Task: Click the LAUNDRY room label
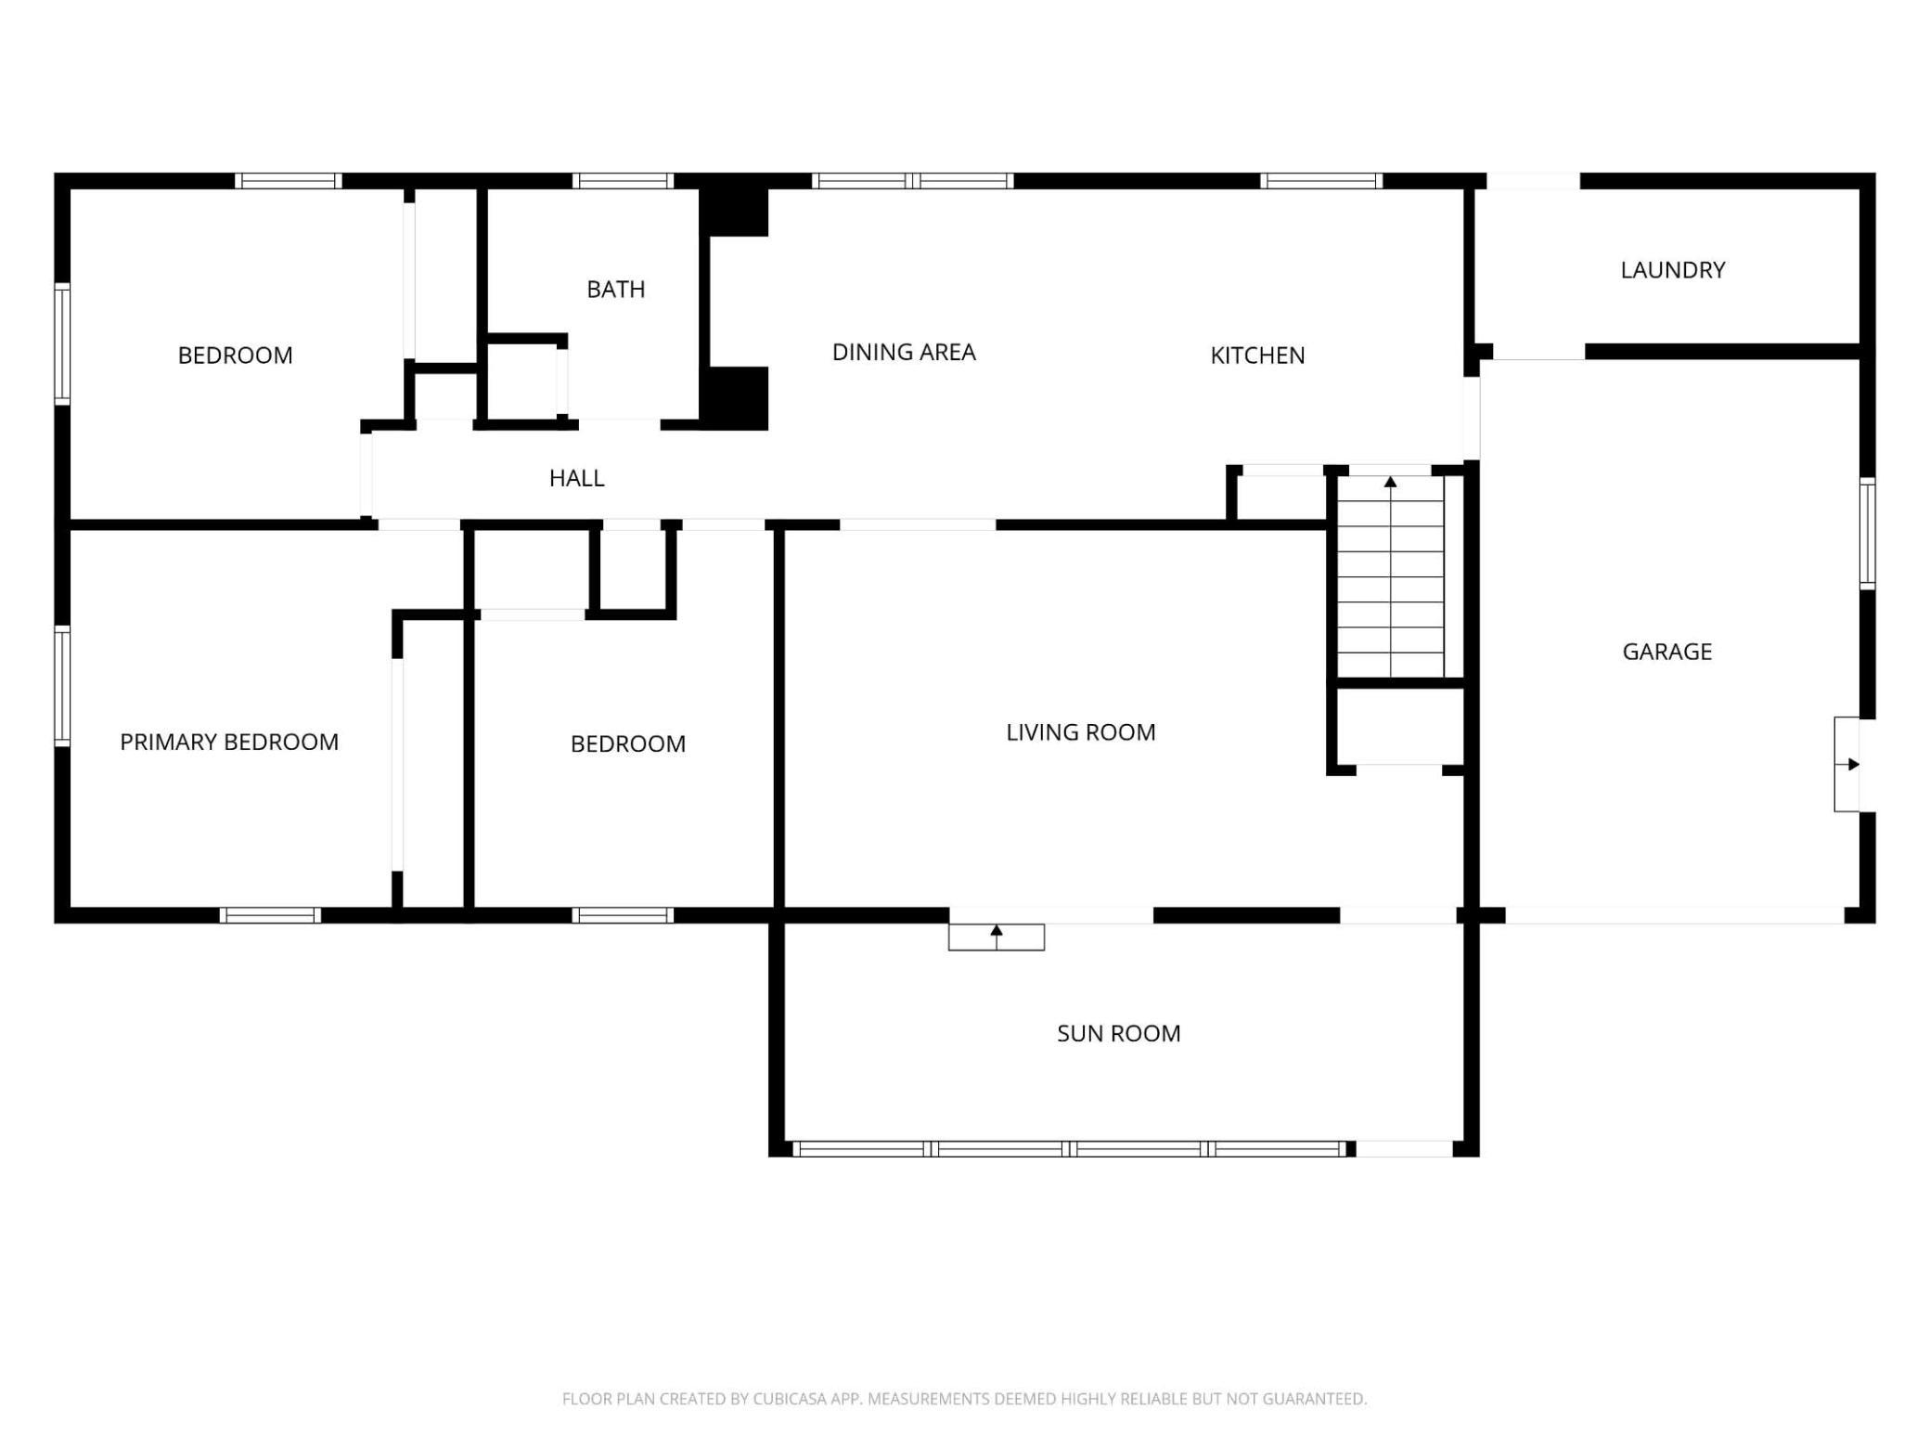pyautogui.click(x=1672, y=270)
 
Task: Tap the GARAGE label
pyautogui.click(x=1666, y=652)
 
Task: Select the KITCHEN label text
pyautogui.click(x=1257, y=356)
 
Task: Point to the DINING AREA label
pyautogui.click(x=904, y=353)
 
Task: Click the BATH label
pyautogui.click(x=616, y=290)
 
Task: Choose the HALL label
pyautogui.click(x=576, y=478)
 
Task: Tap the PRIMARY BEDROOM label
pyautogui.click(x=229, y=742)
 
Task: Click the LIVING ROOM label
pyautogui.click(x=1081, y=732)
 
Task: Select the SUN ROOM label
pyautogui.click(x=1118, y=1034)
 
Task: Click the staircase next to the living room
pyautogui.click(x=1390, y=575)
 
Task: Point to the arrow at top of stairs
pyautogui.click(x=1390, y=482)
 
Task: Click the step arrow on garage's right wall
pyautogui.click(x=1853, y=765)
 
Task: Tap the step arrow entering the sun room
pyautogui.click(x=997, y=937)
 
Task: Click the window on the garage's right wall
pyautogui.click(x=1868, y=533)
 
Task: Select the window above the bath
pyautogui.click(x=623, y=181)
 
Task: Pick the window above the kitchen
pyautogui.click(x=1321, y=181)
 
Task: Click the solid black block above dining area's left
pyautogui.click(x=733, y=212)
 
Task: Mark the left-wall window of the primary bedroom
pyautogui.click(x=62, y=686)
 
